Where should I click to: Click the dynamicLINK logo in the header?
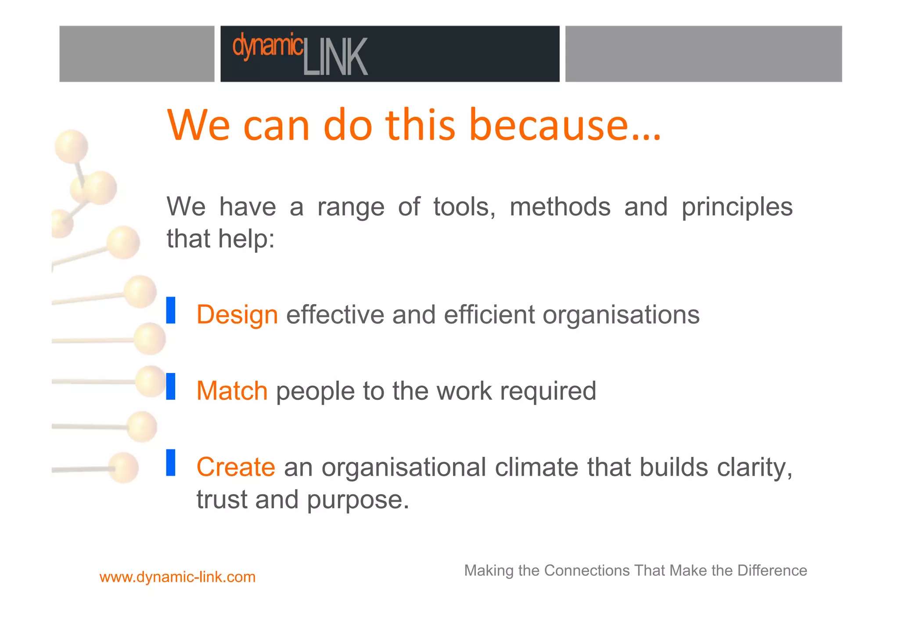coord(300,54)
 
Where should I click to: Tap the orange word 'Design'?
coord(237,315)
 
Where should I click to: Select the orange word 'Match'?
coord(232,391)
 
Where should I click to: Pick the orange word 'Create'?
coord(236,467)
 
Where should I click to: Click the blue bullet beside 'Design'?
coord(171,310)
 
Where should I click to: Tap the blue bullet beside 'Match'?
coord(171,386)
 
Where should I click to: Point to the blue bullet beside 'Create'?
coord(171,463)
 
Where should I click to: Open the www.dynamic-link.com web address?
coord(177,577)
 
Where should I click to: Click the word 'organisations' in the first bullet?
coord(621,315)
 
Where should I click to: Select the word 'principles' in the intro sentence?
coord(737,207)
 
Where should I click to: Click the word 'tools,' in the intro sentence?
coord(464,207)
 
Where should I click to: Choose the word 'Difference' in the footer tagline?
coord(772,570)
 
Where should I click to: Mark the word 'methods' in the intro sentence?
coord(560,207)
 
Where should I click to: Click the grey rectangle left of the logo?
coord(137,54)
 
